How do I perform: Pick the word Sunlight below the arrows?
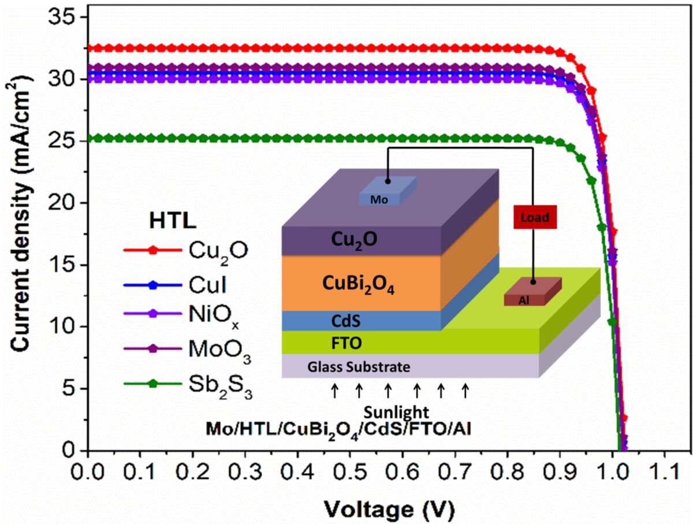[396, 412]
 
